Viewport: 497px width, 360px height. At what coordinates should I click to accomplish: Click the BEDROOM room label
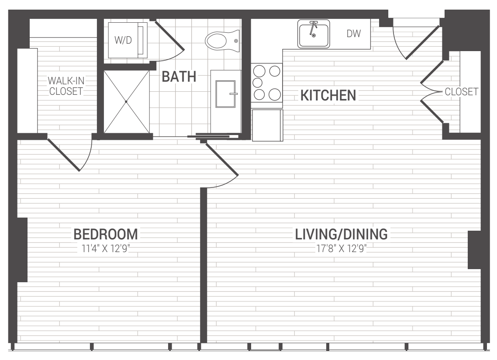point(106,235)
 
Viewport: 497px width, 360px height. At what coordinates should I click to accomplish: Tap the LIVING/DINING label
point(342,235)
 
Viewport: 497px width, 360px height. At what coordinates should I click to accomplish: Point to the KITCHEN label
point(328,96)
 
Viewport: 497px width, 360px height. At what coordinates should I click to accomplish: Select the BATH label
point(179,76)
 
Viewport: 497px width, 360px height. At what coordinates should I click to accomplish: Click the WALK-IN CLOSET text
point(66,86)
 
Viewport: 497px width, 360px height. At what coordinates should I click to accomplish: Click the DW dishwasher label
point(354,34)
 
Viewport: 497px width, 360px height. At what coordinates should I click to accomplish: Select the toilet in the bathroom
point(222,40)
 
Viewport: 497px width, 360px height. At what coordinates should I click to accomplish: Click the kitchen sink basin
point(314,33)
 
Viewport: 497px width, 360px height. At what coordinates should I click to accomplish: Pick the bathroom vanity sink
point(225,94)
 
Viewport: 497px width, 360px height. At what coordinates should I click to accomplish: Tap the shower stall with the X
point(126,101)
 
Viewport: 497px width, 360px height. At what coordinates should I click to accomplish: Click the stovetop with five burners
point(266,83)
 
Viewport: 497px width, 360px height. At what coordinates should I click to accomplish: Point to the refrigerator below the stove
point(267,125)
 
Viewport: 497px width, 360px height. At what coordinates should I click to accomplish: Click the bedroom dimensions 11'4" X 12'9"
point(106,249)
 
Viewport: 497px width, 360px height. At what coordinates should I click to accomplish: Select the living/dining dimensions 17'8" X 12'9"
point(342,249)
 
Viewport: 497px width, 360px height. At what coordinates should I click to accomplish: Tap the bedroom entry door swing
point(222,165)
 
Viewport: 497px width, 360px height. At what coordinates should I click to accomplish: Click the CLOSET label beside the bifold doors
point(461,92)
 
